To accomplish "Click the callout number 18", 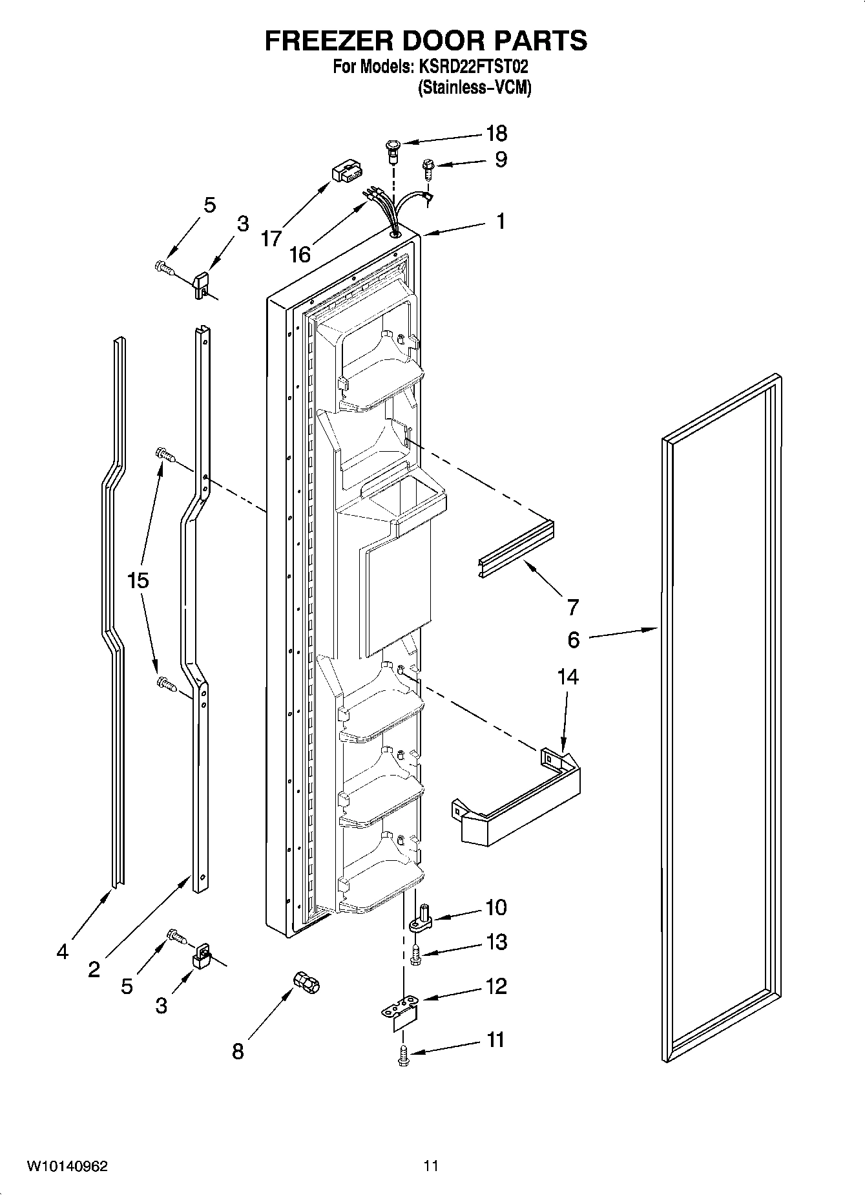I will (x=496, y=134).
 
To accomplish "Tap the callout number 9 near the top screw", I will (x=501, y=160).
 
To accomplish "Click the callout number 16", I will (x=300, y=255).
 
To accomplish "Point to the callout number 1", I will (x=501, y=221).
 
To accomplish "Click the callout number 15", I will (x=138, y=580).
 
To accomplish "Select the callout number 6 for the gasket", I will (x=574, y=640).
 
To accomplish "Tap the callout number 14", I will (x=568, y=677).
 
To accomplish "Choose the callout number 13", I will (x=496, y=942).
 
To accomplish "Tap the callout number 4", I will (x=62, y=951).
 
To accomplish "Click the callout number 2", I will (x=94, y=969).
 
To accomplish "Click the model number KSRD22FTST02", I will (x=477, y=67).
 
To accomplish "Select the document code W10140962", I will (x=67, y=1167).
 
